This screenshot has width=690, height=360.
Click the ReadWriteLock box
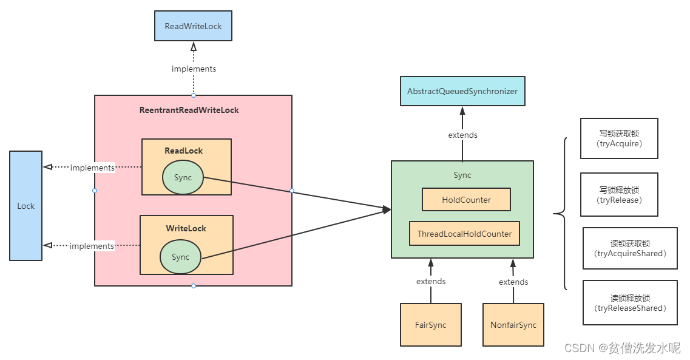pyautogui.click(x=193, y=27)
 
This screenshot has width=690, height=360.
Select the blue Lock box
pyautogui.click(x=26, y=206)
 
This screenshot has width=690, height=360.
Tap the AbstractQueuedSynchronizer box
pyautogui.click(x=462, y=91)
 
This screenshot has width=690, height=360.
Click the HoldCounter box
pyautogui.click(x=466, y=199)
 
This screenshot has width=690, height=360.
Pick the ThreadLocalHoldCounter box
pyautogui.click(x=464, y=234)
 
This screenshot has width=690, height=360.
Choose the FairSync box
pyautogui.click(x=430, y=325)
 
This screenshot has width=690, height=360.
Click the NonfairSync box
pyautogui.click(x=513, y=325)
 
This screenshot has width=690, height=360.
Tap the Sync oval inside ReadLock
pyautogui.click(x=183, y=178)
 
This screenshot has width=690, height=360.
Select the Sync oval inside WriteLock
pyautogui.click(x=180, y=257)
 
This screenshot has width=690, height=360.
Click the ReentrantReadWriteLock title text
pyautogui.click(x=189, y=110)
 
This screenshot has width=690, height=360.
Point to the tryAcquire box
pyautogui.click(x=619, y=138)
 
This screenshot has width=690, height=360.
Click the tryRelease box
pyautogui.click(x=619, y=194)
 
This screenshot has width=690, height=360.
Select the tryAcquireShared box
pyautogui.click(x=630, y=248)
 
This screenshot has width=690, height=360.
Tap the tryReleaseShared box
pyautogui.click(x=630, y=302)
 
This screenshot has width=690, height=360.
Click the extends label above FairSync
pyautogui.click(x=431, y=282)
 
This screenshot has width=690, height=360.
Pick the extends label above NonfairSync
pyautogui.click(x=513, y=282)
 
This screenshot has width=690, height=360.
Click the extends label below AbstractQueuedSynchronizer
pyautogui.click(x=462, y=135)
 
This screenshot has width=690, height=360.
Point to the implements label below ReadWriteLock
pyautogui.click(x=194, y=69)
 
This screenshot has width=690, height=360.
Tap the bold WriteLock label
pyautogui.click(x=186, y=228)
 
